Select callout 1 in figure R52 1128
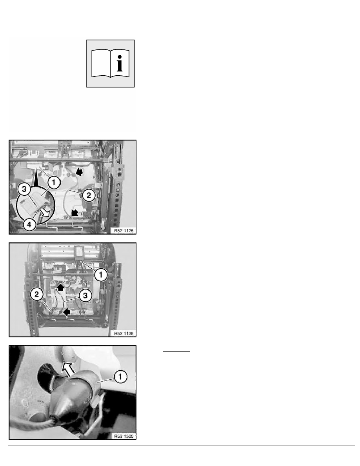[100, 275]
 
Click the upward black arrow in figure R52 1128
[60, 287]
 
